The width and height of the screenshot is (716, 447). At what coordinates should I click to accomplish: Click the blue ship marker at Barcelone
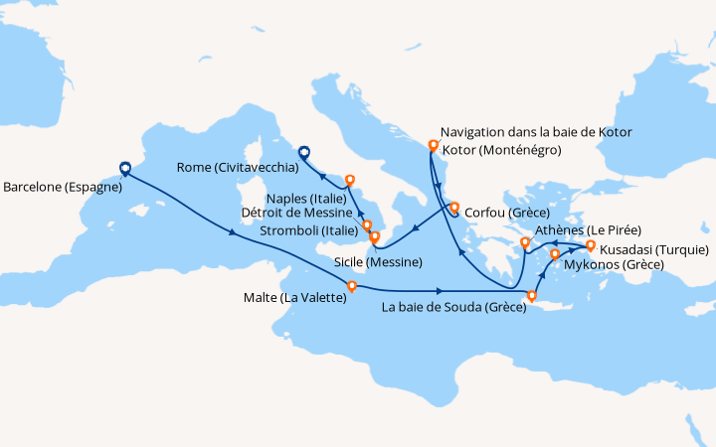pyautogui.click(x=124, y=169)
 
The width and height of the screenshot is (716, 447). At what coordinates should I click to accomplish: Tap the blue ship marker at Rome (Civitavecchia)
pyautogui.click(x=303, y=152)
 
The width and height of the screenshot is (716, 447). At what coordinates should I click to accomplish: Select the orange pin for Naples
pyautogui.click(x=349, y=181)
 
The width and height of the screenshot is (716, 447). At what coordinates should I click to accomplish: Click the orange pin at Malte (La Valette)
pyautogui.click(x=351, y=287)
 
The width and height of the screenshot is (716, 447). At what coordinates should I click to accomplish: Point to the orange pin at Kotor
pyautogui.click(x=433, y=146)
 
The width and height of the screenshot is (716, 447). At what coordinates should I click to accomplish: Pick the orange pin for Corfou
pyautogui.click(x=453, y=209)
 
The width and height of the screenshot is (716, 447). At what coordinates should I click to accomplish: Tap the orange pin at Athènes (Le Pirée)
pyautogui.click(x=525, y=242)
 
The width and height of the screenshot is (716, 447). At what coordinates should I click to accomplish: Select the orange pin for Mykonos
pyautogui.click(x=555, y=255)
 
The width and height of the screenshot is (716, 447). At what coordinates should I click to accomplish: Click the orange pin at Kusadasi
pyautogui.click(x=590, y=245)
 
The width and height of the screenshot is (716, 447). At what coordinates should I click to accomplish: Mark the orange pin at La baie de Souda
pyautogui.click(x=531, y=295)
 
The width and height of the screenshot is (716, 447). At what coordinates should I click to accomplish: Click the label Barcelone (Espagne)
pyautogui.click(x=62, y=186)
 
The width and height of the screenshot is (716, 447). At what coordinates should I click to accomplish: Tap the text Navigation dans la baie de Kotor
pyautogui.click(x=535, y=132)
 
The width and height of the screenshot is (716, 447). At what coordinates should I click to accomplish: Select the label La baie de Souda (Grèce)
pyautogui.click(x=452, y=308)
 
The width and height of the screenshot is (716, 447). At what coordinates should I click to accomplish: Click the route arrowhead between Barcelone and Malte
pyautogui.click(x=234, y=234)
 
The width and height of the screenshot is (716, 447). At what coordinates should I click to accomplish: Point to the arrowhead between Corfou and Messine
pyautogui.click(x=414, y=230)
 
